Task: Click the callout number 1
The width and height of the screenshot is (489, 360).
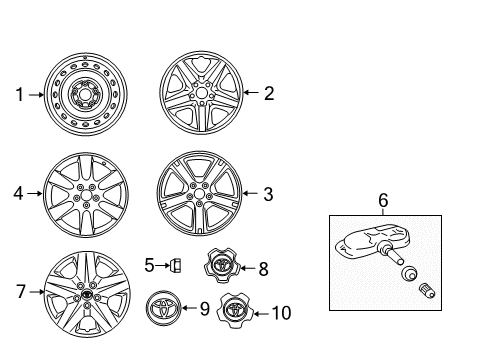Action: point(20,95)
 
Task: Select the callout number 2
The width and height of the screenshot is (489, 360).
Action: point(269,93)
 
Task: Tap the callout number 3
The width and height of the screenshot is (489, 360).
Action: point(268,194)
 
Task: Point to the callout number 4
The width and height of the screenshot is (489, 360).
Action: point(18,193)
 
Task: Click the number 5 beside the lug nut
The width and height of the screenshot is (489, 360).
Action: point(149,265)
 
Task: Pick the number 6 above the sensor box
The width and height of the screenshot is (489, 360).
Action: point(383,200)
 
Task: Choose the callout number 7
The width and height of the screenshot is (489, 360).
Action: point(21,291)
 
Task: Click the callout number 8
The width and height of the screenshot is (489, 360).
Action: point(263,269)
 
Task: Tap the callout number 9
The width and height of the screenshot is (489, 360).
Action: point(205,309)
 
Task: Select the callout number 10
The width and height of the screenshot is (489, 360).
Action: point(282,313)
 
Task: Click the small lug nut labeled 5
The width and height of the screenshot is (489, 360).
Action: point(175,266)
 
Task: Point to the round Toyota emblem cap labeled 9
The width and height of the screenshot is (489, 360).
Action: point(163,308)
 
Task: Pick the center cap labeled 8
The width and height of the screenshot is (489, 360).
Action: point(222,265)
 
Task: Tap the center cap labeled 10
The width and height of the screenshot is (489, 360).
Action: point(235,311)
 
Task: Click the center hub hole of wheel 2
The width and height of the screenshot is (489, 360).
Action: point(201,93)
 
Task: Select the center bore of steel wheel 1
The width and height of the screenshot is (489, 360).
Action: point(86,94)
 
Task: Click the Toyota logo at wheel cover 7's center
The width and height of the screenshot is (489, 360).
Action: point(87,294)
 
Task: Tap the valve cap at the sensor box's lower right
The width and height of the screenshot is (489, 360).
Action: point(426,290)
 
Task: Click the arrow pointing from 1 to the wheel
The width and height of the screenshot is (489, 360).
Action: point(36,95)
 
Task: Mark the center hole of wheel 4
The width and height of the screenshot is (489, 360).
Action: point(86,195)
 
